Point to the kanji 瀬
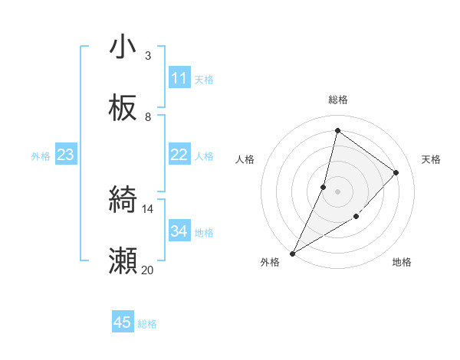(123, 261)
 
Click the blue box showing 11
(179, 78)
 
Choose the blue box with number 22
(179, 155)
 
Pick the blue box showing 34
(179, 231)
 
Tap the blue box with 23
(65, 155)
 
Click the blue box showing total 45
(123, 322)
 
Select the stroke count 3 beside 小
(148, 56)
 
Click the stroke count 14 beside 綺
(148, 209)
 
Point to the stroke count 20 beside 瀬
(148, 270)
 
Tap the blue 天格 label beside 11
(204, 79)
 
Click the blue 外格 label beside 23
(41, 155)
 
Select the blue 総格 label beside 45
(147, 324)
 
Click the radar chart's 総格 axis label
(337, 100)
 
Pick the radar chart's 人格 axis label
(245, 159)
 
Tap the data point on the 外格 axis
(292, 254)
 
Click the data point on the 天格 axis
(396, 172)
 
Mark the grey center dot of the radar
(337, 191)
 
